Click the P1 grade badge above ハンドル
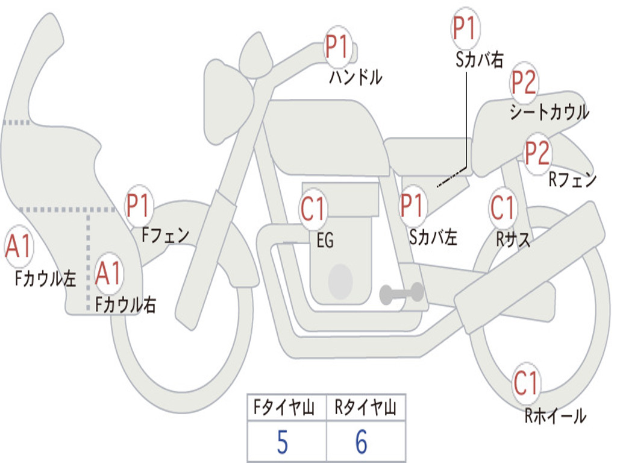pos(338,46)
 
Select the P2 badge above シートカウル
pos(524,83)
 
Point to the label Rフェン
pos(572,180)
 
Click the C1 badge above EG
pos(313,209)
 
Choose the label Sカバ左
pos(433,237)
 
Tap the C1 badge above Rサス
pos(503,207)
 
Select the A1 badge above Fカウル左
pos(18,247)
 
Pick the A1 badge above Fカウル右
pos(108,274)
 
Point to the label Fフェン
pos(166,235)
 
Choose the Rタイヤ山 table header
pos(365,408)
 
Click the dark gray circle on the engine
pos(340,281)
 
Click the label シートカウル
pos(549,113)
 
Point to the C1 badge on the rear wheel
pos(526,383)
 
